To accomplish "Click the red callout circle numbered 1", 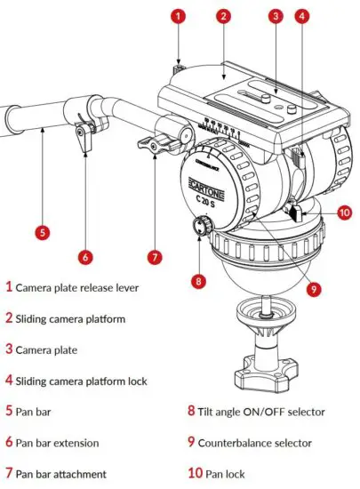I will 180,15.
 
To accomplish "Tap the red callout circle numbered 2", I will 223,15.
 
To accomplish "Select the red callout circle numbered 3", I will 276,15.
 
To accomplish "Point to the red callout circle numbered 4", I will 304,15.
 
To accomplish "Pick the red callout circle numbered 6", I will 85,257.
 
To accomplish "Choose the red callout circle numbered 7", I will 154,257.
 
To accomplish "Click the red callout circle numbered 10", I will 345,212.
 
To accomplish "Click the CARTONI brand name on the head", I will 209,188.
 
